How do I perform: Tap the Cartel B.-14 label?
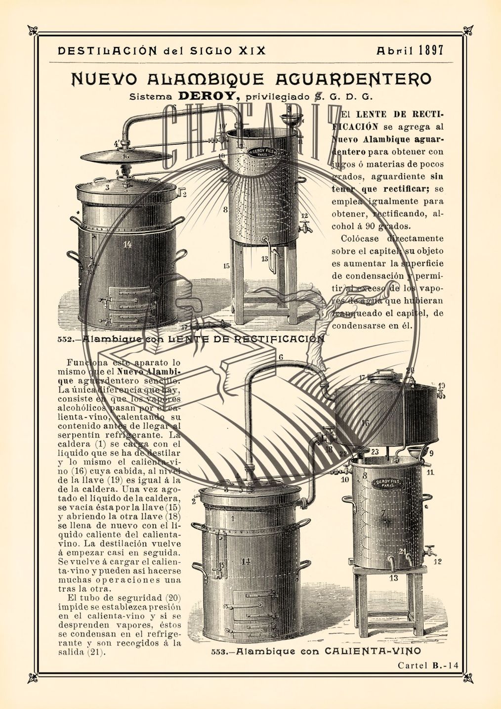coord(428,665)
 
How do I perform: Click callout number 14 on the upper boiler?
coord(127,244)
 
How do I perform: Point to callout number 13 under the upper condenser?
coord(264,259)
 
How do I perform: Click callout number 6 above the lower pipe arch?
coord(281,357)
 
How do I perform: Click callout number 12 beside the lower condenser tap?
coord(437,561)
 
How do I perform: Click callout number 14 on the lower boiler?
coord(246,560)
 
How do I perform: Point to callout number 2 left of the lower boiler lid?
coord(194,501)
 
